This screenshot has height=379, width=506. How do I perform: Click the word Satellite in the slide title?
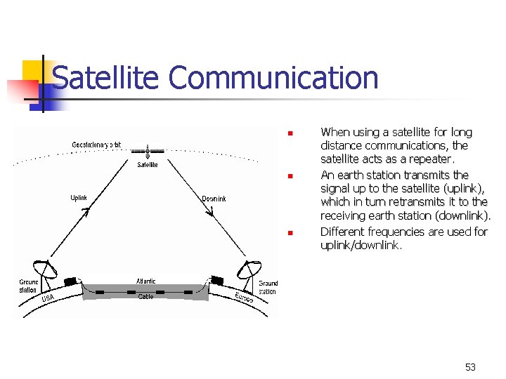tap(106, 78)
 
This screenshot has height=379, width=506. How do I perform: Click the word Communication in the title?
tap(273, 78)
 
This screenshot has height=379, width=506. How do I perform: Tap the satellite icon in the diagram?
tap(148, 151)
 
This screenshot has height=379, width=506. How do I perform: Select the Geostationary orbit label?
tap(96, 145)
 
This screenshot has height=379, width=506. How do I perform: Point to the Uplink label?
tap(79, 198)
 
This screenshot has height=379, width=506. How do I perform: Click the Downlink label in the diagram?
tap(214, 199)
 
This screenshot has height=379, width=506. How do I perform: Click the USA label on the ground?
tap(48, 299)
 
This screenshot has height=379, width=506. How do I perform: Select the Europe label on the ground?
tap(244, 298)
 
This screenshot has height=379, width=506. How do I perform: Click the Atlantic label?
tap(145, 281)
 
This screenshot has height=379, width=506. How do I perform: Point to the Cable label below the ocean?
tap(145, 297)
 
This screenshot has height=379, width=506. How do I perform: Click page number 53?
tap(470, 367)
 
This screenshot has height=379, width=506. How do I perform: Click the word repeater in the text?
tap(428, 160)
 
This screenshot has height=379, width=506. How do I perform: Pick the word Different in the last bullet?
tap(343, 232)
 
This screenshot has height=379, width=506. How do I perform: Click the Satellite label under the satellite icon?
tap(147, 165)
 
